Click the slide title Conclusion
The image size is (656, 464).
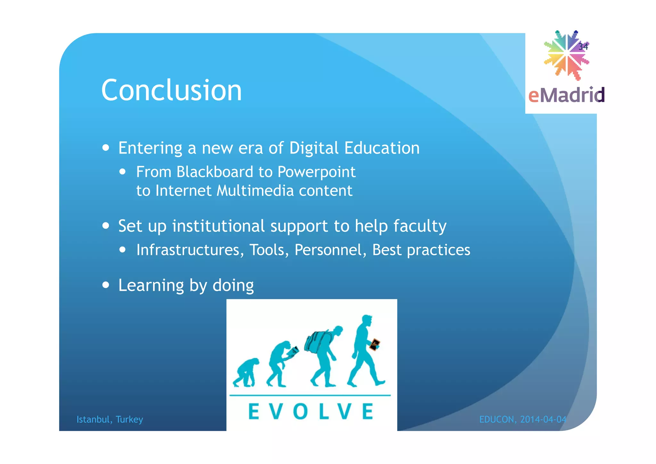171,90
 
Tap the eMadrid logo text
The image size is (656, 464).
566,95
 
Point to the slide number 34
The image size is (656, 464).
583,47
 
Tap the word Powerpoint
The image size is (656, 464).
316,173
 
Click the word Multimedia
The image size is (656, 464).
255,190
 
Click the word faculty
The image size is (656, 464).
420,226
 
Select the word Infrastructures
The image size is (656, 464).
188,250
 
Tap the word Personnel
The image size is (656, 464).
328,250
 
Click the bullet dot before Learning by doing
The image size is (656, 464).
106,285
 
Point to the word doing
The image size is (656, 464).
233,285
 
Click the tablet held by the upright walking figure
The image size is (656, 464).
374,345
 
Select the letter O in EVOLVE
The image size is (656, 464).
300,411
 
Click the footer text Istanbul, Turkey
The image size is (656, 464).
110,419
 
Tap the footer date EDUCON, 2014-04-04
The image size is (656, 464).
523,419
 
